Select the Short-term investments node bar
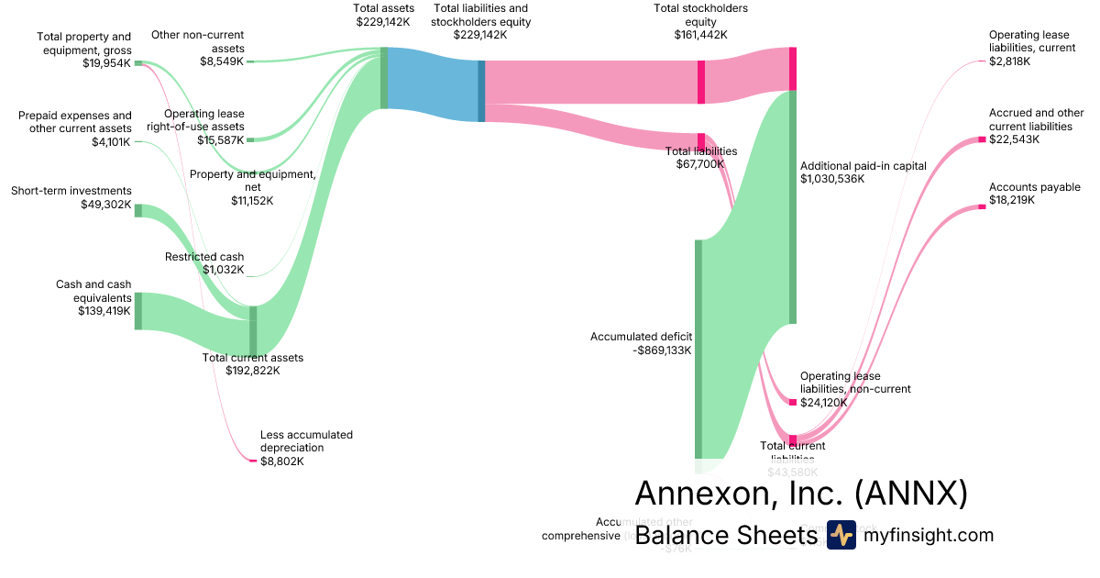(138, 210)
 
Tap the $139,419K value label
(104, 311)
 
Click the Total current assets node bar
(253, 328)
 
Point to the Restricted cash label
(204, 257)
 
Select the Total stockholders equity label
(700, 15)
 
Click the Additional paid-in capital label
(863, 166)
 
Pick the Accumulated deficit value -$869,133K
(663, 350)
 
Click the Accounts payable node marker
(981, 206)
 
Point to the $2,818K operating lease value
(1009, 61)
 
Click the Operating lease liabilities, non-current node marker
(793, 402)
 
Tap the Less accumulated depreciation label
(306, 441)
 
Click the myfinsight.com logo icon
(841, 535)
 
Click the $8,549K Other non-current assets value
(223, 61)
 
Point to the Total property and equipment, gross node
(138, 62)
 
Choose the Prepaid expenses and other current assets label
(75, 122)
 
